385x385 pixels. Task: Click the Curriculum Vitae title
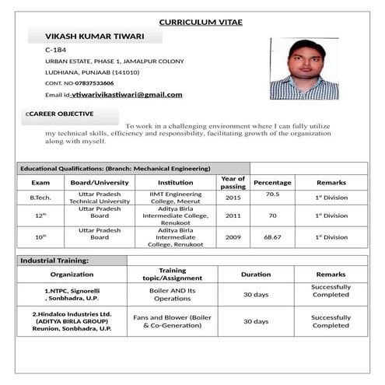(201, 22)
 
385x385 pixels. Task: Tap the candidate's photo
(303, 68)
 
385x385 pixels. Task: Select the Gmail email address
(127, 95)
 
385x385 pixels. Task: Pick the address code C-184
(55, 50)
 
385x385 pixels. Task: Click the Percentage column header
(272, 183)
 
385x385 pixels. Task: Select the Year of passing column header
(233, 183)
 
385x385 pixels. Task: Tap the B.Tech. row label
(40, 198)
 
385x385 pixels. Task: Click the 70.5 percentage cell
(272, 194)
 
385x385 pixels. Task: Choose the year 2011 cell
(233, 215)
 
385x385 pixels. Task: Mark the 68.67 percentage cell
(272, 237)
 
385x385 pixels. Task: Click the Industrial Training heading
(54, 261)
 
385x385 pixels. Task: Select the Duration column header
(256, 275)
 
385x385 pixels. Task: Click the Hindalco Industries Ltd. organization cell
(72, 321)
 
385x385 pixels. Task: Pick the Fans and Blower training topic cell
(173, 321)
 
